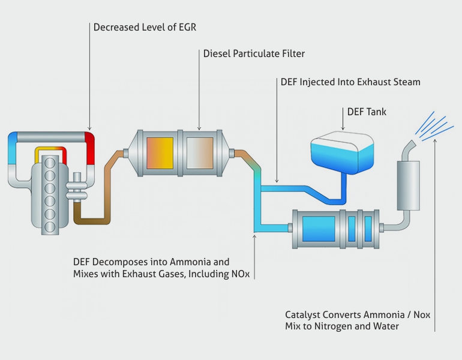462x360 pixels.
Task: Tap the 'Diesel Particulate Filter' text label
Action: (254, 54)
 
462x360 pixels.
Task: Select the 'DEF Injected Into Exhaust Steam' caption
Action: (350, 82)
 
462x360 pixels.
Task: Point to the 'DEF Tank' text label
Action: (367, 112)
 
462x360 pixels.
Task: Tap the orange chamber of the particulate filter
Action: (159, 152)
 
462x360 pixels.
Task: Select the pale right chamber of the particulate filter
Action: (199, 152)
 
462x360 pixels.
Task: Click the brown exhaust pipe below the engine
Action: (90, 220)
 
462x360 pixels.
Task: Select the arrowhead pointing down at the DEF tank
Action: (343, 128)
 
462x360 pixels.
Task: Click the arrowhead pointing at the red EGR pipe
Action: (89, 127)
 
